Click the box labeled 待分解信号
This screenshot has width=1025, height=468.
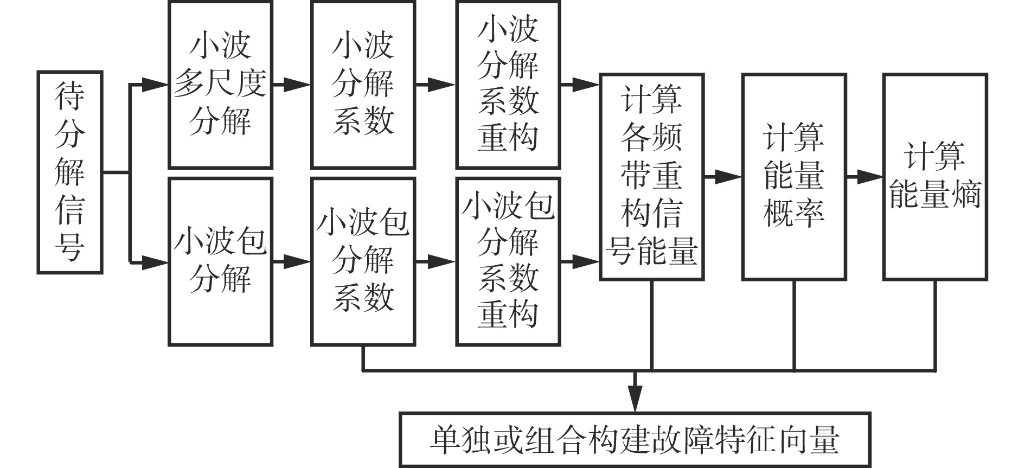[70, 172]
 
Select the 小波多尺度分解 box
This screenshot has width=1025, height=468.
[220, 85]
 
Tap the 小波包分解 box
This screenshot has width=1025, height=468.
[220, 261]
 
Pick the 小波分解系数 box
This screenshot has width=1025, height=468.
[363, 85]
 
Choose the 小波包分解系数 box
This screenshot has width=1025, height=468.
[363, 261]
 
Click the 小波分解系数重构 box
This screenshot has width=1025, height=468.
[508, 85]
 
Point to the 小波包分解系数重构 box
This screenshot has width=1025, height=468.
[508, 261]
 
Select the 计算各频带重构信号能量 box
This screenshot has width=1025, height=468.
[651, 177]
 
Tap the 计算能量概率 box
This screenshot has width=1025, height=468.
[794, 177]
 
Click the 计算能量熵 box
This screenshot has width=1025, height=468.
[935, 177]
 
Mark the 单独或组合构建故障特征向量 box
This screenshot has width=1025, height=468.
[635, 440]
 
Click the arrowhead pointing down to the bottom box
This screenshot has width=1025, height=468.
[635, 399]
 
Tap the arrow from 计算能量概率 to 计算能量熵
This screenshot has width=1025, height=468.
[866, 177]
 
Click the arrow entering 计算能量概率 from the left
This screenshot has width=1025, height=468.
[723, 177]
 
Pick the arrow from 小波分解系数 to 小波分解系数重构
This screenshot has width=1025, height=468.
[436, 85]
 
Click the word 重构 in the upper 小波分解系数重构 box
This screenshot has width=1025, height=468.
[508, 136]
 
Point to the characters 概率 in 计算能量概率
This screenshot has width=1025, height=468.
[794, 213]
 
